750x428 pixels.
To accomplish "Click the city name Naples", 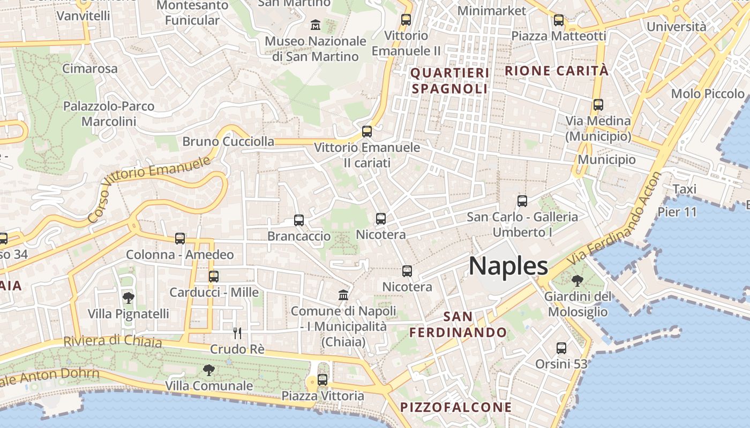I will (508, 266).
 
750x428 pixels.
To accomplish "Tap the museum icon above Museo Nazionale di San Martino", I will (316, 25).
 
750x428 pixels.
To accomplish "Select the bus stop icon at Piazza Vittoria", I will (322, 380).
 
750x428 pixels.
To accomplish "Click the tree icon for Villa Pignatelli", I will (128, 297).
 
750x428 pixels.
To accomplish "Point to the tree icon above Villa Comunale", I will (208, 370).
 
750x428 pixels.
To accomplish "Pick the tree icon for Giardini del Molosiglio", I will (577, 280).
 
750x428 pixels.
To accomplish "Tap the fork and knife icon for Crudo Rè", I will (237, 333).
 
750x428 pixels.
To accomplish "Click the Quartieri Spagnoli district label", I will (450, 81).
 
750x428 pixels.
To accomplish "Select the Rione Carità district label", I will (557, 71).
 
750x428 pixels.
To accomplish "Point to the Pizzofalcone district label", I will (456, 407).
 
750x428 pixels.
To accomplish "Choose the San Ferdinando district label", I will (458, 324).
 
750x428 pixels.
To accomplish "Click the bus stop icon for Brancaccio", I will (299, 220).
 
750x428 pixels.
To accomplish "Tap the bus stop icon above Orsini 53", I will (561, 348).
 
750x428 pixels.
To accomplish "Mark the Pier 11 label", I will (677, 212).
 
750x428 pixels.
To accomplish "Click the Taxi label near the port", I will (684, 189).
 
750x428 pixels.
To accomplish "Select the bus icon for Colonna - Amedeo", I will (180, 239).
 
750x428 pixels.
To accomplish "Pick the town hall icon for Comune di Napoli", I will (343, 295).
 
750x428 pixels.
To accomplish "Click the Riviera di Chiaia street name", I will (112, 341).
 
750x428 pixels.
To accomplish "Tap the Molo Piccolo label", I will (707, 94).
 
